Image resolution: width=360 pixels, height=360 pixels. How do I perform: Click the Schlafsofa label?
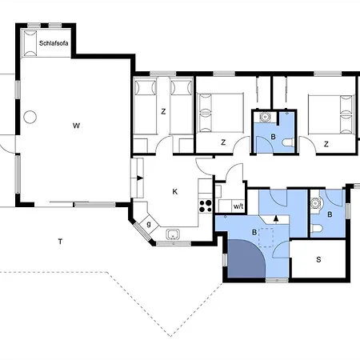(54, 43)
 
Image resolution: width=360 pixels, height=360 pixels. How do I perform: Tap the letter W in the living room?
(76, 126)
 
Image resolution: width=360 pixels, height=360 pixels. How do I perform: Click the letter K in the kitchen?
(175, 191)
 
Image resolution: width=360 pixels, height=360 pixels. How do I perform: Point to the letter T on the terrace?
(60, 242)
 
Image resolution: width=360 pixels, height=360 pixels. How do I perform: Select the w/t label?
(238, 206)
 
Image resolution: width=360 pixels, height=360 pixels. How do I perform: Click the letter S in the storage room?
(318, 259)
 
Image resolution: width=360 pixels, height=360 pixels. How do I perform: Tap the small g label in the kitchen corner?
(149, 224)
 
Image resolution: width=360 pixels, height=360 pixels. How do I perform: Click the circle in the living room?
(30, 117)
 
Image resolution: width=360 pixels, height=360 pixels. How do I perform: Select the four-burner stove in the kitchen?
(206, 206)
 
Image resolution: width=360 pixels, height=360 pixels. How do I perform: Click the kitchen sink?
(173, 234)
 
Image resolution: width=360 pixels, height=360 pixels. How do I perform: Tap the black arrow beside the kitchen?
(140, 178)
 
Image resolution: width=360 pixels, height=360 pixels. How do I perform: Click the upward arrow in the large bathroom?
(276, 218)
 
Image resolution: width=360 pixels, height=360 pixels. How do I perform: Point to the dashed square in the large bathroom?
(266, 238)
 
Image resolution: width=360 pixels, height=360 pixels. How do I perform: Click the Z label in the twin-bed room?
(163, 111)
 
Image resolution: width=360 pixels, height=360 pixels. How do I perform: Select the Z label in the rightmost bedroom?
(326, 144)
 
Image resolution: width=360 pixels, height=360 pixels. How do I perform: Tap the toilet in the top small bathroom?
(288, 142)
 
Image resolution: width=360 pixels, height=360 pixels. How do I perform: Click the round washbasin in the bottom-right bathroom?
(316, 203)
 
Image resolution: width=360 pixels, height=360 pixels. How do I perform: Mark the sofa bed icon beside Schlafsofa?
(30, 43)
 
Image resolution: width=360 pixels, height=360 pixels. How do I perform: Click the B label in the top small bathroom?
(273, 137)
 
